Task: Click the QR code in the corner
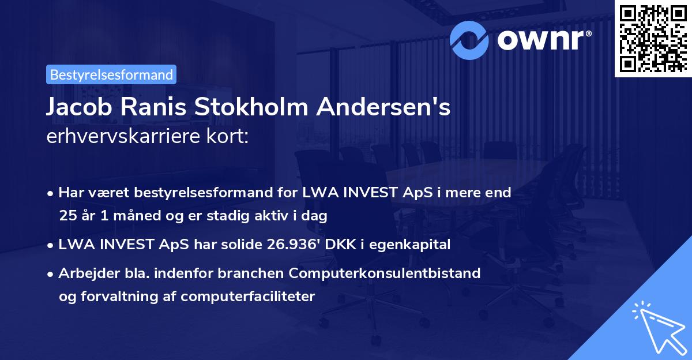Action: [x=653, y=38]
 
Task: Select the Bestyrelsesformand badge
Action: [x=111, y=74]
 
